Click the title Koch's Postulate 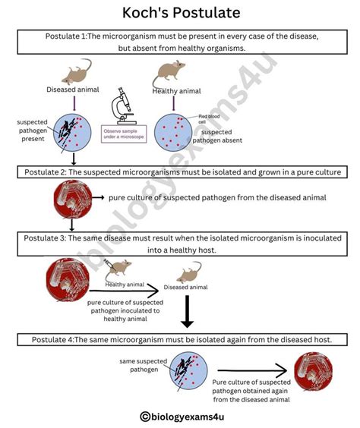click(180, 13)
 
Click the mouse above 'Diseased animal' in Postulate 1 click(76, 74)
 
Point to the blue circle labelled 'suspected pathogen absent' click(175, 130)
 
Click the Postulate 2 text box click(179, 172)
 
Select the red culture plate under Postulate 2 click(71, 199)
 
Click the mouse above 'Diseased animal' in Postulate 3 click(188, 275)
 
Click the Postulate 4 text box click(179, 338)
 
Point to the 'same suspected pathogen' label click(138, 365)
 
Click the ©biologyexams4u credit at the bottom click(180, 415)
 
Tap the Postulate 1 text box click(179, 42)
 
